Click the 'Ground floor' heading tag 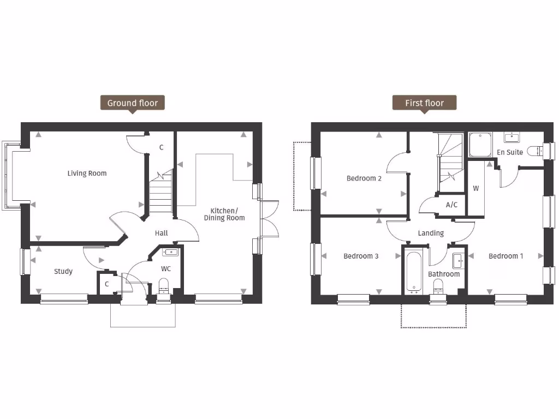132,103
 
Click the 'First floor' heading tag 424,103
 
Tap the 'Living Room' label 87,173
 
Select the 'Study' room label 63,271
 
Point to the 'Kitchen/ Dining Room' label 224,214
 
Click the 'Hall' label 161,233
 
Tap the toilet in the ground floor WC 164,285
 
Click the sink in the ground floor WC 170,252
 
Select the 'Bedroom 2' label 364,178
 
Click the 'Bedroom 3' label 361,256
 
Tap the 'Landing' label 431,233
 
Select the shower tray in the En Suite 480,145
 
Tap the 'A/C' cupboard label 451,205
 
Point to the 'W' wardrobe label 475,189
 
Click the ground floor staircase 160,194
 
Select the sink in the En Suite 512,137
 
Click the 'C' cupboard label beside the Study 106,284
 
